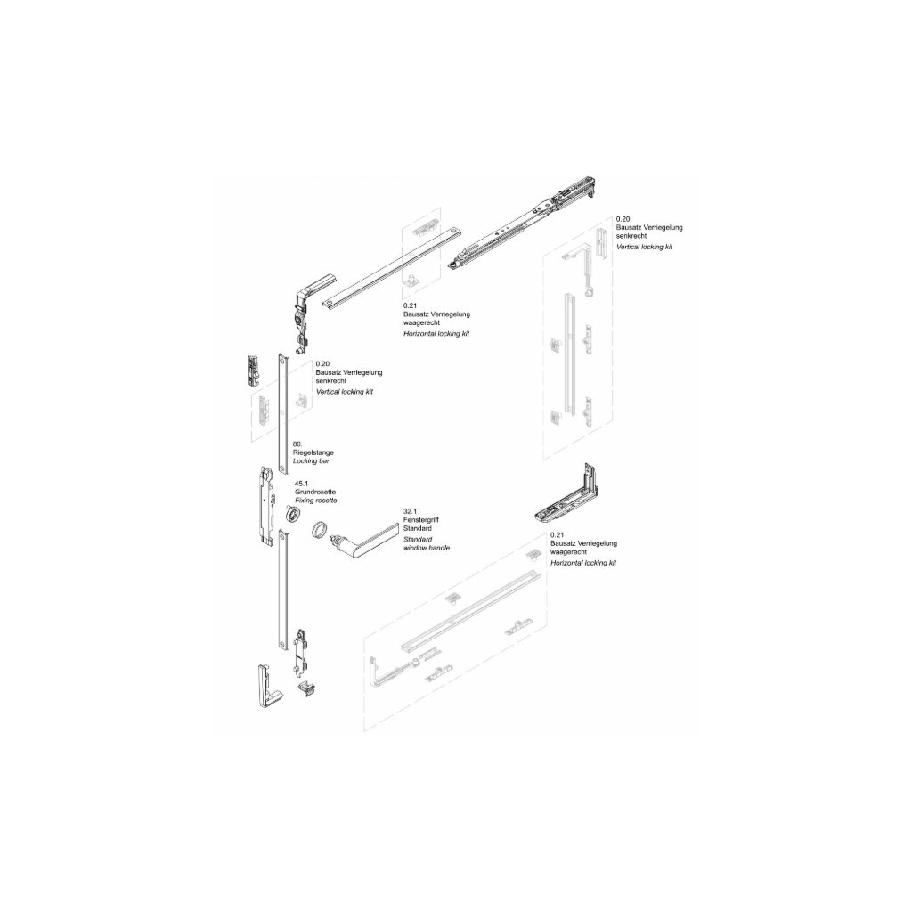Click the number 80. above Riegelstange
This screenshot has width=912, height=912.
click(297, 444)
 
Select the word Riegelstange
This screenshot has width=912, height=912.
click(313, 452)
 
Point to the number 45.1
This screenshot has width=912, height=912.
click(301, 484)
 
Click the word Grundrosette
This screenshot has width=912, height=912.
click(315, 493)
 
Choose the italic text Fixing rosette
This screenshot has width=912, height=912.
click(315, 501)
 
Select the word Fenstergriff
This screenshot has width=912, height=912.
click(420, 520)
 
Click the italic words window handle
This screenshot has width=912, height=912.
click(426, 549)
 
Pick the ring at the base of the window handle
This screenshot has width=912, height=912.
click(320, 533)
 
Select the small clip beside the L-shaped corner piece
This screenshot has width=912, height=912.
click(308, 687)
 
